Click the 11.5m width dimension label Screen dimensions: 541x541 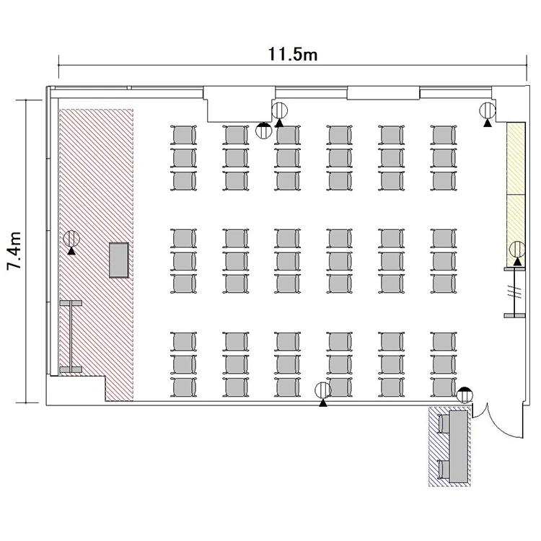click(x=293, y=55)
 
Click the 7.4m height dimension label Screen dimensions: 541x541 click(x=15, y=250)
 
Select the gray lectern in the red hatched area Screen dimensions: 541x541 click(x=119, y=260)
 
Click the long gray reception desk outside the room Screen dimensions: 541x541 click(x=459, y=447)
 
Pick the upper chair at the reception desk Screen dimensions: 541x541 click(x=444, y=423)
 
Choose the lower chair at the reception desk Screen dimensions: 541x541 click(x=444, y=470)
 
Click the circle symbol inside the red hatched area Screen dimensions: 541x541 click(x=71, y=239)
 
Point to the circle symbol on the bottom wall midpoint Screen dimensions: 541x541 click(x=323, y=390)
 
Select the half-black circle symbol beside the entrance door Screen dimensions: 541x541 click(x=465, y=395)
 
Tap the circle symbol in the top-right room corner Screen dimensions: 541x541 click(x=488, y=111)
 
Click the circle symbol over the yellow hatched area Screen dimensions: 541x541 click(x=517, y=250)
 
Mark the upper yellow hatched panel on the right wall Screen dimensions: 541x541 click(x=516, y=159)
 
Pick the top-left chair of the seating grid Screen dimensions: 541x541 click(x=183, y=135)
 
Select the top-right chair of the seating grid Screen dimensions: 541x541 click(x=444, y=135)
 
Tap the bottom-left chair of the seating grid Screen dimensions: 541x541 click(x=183, y=387)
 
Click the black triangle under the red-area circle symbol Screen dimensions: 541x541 click(x=71, y=251)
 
